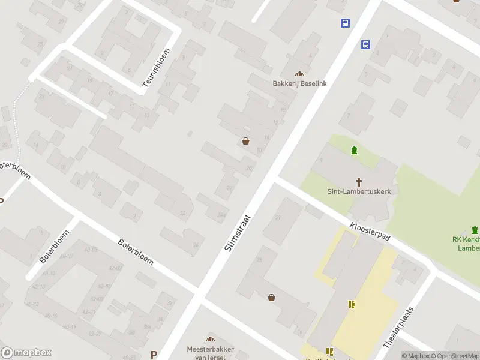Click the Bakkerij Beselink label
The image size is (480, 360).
tap(299, 83)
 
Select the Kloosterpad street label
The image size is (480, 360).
tap(368, 232)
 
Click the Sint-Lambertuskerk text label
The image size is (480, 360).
tap(359, 193)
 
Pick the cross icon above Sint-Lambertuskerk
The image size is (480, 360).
tap(359, 181)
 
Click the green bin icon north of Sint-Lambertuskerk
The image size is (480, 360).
tap(354, 150)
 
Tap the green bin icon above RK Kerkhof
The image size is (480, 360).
tap(475, 230)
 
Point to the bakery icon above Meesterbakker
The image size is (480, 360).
tap(210, 339)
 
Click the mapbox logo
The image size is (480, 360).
tap(26, 353)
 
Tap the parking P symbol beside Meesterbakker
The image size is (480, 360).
tap(154, 355)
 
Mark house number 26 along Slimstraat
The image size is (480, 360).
tap(196, 244)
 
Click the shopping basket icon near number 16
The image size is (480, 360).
tap(245, 142)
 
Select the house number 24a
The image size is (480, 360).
tap(221, 214)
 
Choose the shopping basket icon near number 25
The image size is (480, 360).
tap(271, 297)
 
